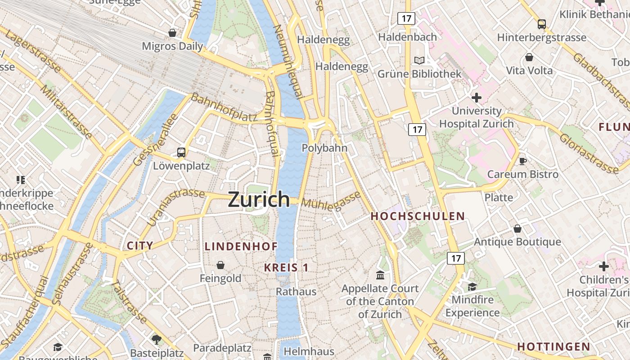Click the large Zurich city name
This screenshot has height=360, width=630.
(259, 199)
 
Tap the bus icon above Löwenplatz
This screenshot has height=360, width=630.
(181, 152)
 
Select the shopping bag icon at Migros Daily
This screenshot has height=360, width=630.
(172, 33)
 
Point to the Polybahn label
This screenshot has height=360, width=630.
(324, 148)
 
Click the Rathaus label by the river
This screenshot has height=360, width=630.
(296, 292)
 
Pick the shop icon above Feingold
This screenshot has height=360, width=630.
(220, 265)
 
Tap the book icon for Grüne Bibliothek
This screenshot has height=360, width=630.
(419, 60)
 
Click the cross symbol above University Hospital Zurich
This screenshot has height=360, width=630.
(476, 98)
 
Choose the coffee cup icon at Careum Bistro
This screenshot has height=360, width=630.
(522, 161)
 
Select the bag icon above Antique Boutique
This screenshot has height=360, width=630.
(517, 229)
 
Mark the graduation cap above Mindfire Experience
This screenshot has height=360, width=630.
(472, 287)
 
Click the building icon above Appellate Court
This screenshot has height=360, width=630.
(380, 275)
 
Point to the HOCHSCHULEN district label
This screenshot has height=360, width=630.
(418, 216)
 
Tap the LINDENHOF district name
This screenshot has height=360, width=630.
(241, 246)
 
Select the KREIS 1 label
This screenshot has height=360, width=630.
(286, 268)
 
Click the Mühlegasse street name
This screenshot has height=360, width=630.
(331, 201)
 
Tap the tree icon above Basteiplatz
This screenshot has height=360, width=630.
(156, 339)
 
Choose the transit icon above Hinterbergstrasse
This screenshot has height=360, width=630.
(542, 24)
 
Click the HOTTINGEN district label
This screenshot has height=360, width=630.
(553, 346)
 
